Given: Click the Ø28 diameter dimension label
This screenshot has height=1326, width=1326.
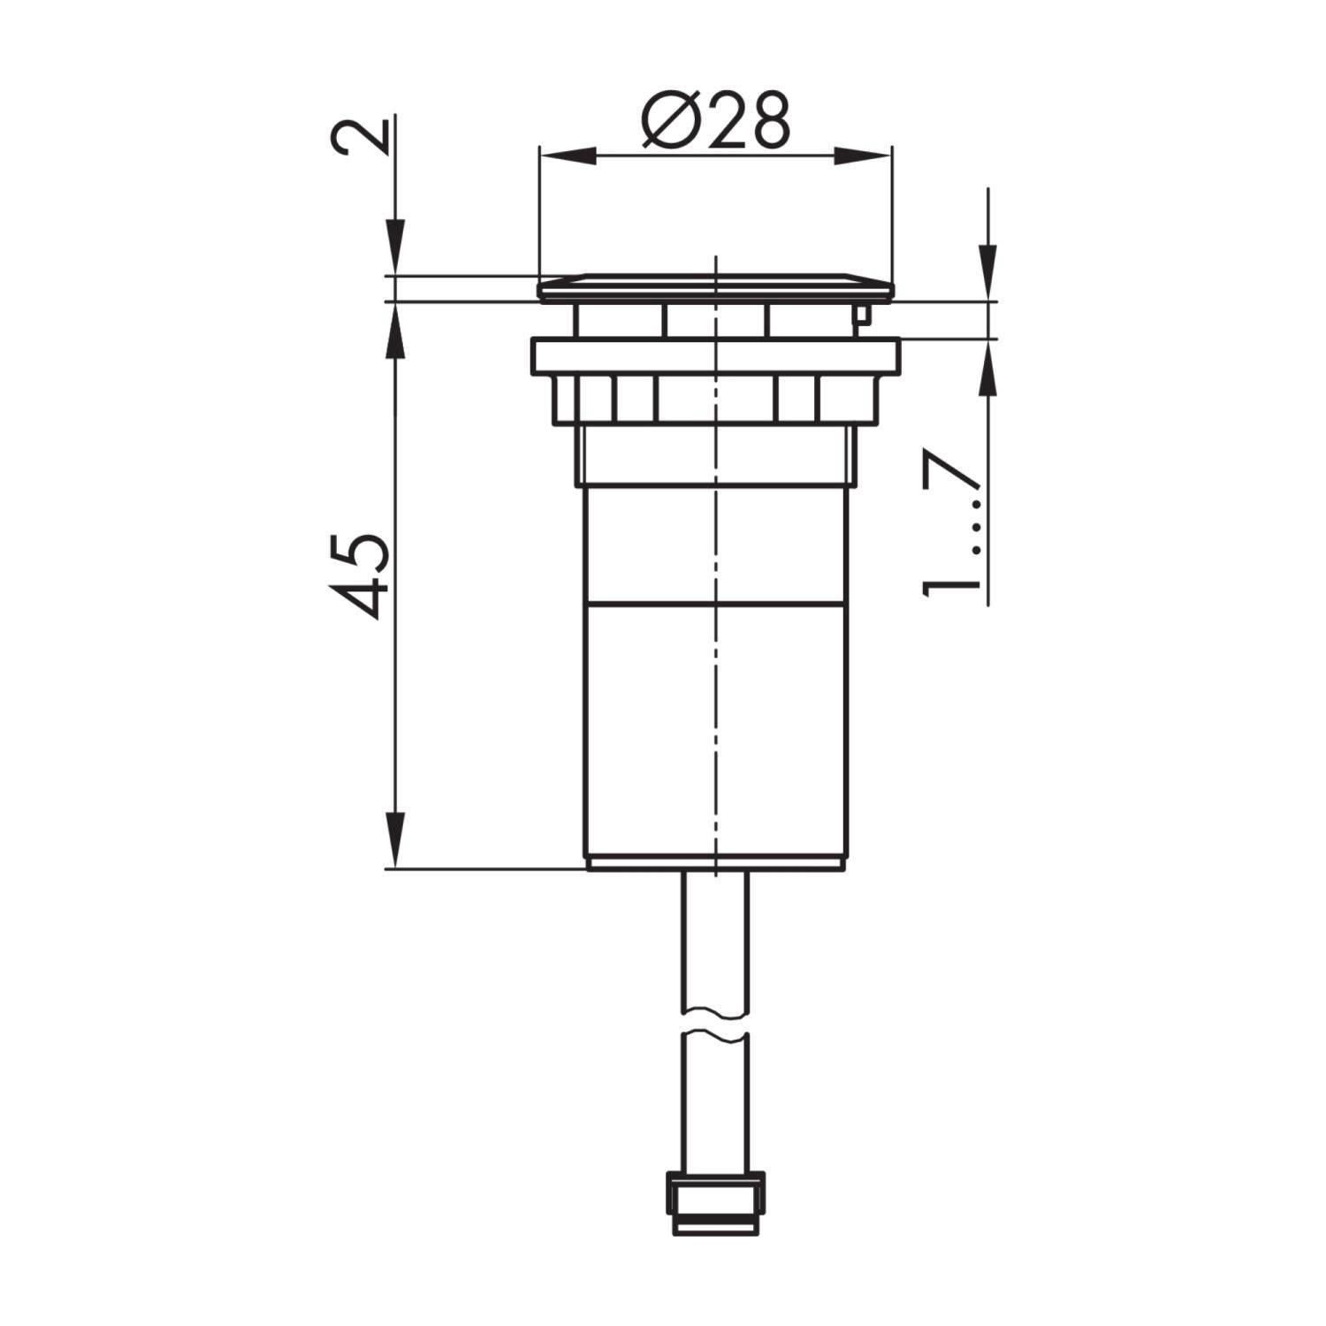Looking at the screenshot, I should click(x=715, y=121).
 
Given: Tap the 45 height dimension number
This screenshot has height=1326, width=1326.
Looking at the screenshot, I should click(x=362, y=575).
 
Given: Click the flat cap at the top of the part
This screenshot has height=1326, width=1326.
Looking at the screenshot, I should click(x=715, y=286).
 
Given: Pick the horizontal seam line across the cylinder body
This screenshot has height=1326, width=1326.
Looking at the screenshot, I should click(x=715, y=605).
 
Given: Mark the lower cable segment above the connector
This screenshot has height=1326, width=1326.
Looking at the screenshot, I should click(x=715, y=1105).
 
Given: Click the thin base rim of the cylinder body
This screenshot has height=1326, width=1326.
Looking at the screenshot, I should click(x=715, y=863).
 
